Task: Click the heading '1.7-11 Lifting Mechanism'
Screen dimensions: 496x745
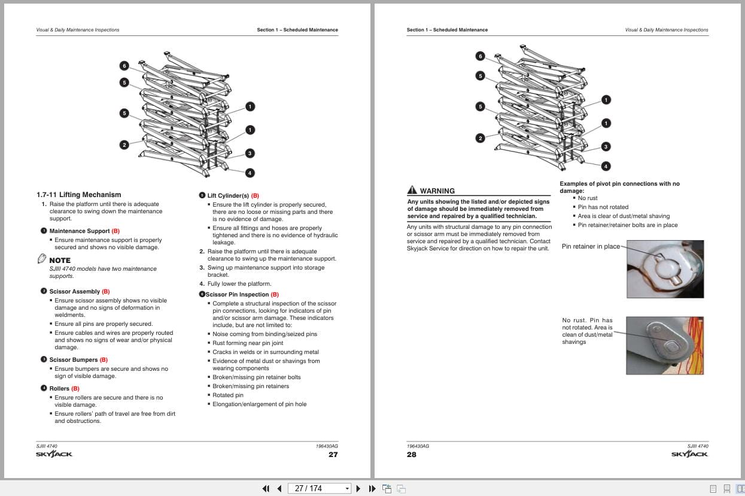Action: click(x=78, y=195)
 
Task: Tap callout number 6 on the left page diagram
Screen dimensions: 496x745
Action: click(x=124, y=65)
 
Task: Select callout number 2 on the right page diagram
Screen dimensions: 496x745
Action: click(x=480, y=138)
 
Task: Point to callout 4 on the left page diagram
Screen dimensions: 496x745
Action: click(x=250, y=173)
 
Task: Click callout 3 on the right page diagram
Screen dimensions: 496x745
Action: click(x=606, y=147)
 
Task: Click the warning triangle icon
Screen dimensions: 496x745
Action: click(x=412, y=190)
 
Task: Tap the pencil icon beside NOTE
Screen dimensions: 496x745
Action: click(x=41, y=259)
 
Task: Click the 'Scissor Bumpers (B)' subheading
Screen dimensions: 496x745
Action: click(x=78, y=360)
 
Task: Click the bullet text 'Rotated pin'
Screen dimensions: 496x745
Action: click(x=228, y=395)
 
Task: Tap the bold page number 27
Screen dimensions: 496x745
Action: click(x=333, y=455)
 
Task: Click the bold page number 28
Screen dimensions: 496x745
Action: click(x=412, y=455)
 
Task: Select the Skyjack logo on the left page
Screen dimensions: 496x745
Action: click(x=54, y=454)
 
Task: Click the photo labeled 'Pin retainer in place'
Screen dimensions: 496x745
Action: click(x=665, y=269)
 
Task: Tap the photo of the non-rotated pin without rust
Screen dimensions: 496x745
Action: click(x=665, y=345)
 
